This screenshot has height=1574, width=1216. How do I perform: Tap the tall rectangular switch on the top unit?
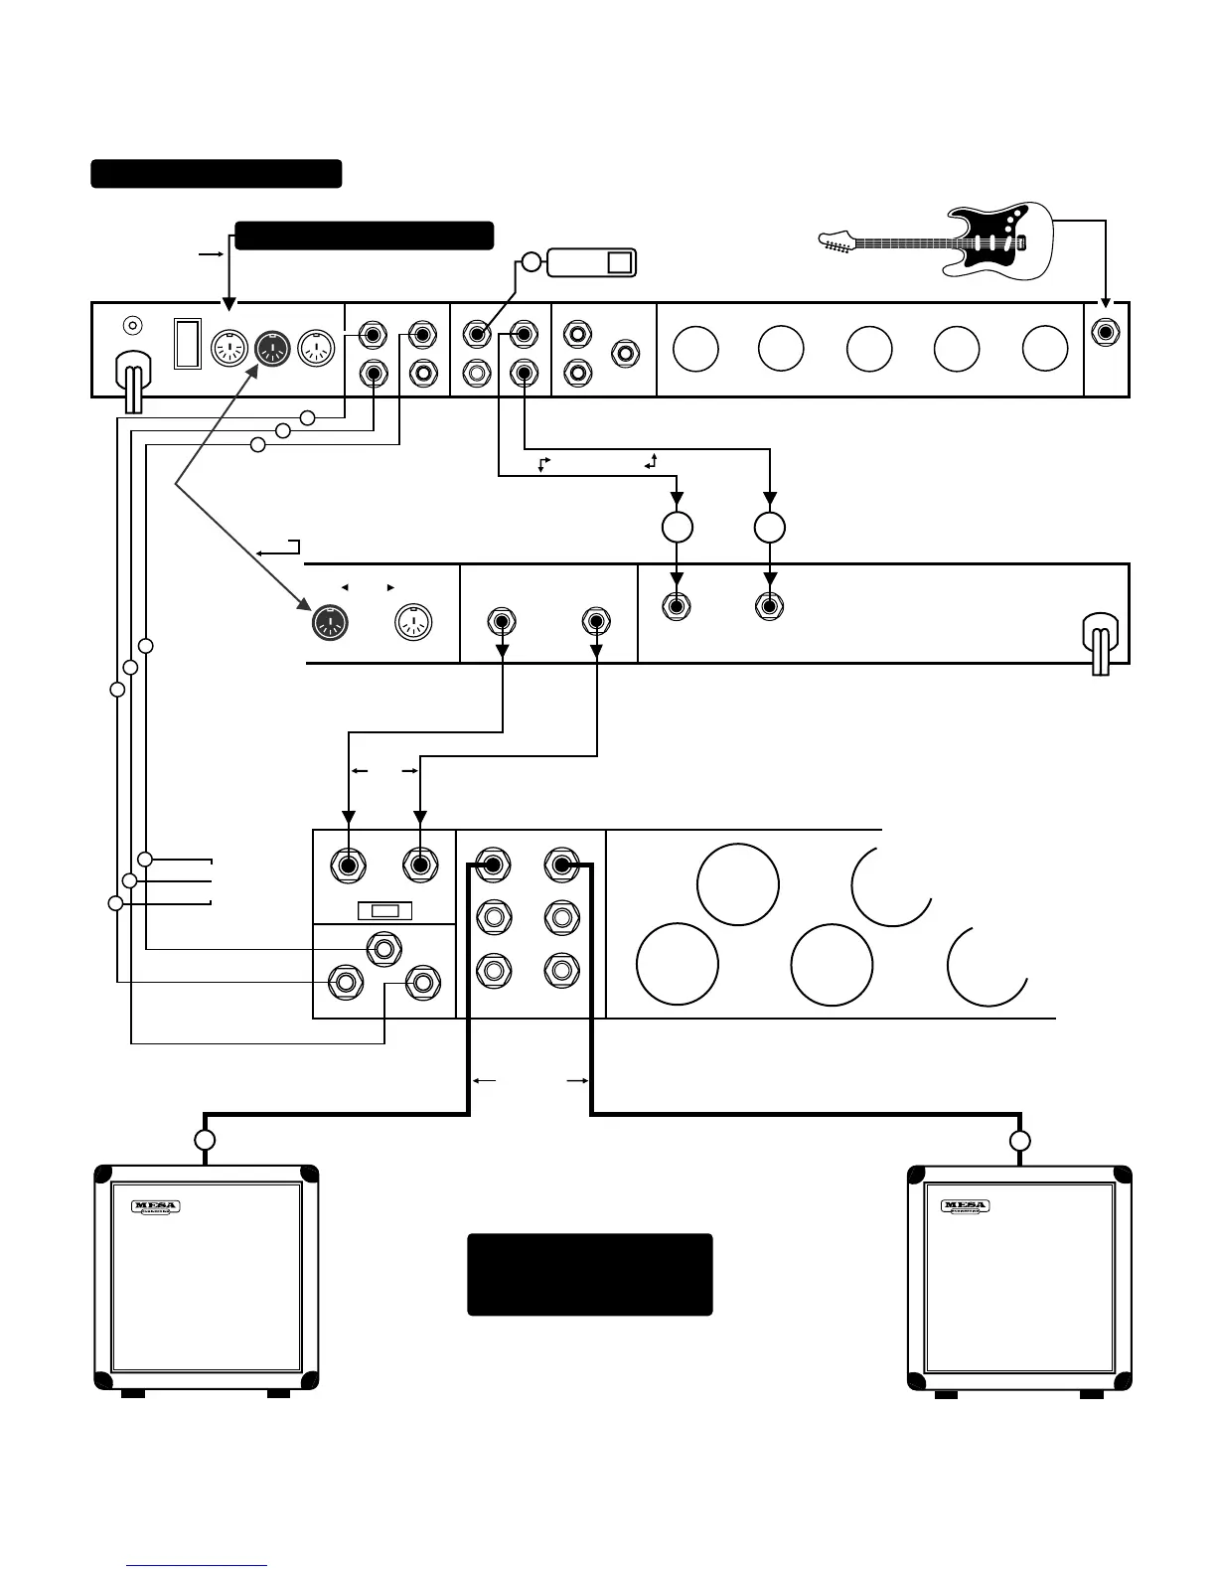click(x=188, y=343)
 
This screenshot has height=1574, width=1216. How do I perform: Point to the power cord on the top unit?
click(x=130, y=383)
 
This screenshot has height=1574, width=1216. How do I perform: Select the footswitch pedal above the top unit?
click(x=591, y=262)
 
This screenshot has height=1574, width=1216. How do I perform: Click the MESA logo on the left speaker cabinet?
click(x=155, y=1207)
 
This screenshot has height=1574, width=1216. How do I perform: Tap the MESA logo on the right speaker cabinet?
click(x=966, y=1207)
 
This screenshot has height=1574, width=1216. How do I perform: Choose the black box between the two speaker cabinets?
click(x=590, y=1275)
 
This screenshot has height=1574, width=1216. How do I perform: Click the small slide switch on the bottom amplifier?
click(x=384, y=911)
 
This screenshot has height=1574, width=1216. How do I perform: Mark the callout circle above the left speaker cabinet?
click(x=205, y=1140)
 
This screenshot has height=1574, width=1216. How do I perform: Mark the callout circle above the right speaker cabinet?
click(x=1020, y=1140)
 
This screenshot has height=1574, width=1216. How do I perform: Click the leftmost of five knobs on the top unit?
click(x=695, y=349)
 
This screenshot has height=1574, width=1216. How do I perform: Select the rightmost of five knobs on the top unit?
click(x=1045, y=349)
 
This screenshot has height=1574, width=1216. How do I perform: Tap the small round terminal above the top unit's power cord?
click(x=131, y=325)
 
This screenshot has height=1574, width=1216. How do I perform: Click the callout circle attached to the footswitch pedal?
click(x=532, y=262)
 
